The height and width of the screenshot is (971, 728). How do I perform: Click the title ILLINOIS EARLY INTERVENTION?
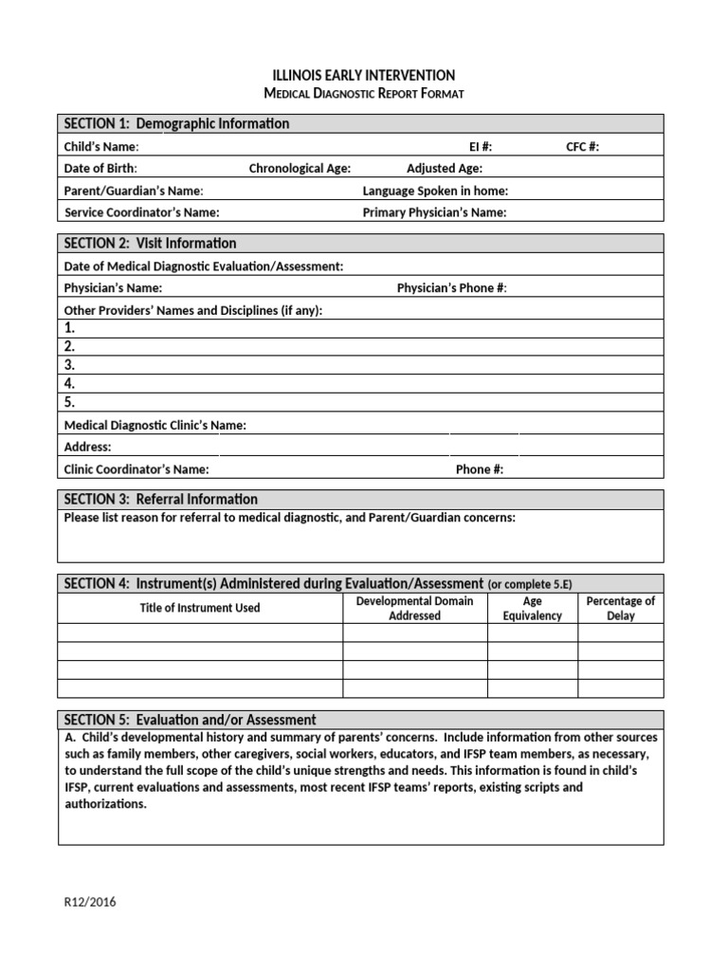point(364,75)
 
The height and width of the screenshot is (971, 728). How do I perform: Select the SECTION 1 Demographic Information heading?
point(176,124)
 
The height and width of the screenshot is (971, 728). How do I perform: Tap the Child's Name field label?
point(101,147)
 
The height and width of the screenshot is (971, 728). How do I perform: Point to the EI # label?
point(481,147)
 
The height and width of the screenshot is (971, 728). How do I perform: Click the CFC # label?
point(582,147)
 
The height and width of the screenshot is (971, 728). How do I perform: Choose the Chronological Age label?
point(300,169)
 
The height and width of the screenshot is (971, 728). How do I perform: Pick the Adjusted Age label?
point(445,169)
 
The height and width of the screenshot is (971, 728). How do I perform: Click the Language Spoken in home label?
point(435,191)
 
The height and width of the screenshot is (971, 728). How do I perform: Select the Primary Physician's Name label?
point(434,212)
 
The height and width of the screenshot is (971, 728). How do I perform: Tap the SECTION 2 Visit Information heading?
point(150,244)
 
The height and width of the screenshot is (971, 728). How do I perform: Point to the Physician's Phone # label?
point(452,288)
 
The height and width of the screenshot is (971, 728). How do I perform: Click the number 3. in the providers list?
point(69,365)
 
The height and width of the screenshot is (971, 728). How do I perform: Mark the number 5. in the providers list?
point(69,402)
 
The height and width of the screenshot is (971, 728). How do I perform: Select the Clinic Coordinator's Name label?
point(136,469)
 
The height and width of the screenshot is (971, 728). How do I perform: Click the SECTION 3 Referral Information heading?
point(160,500)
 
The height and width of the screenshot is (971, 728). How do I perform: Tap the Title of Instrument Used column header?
point(200,608)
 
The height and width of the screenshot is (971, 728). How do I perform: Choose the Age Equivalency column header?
point(533,609)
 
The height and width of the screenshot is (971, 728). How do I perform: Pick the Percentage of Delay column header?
point(621,609)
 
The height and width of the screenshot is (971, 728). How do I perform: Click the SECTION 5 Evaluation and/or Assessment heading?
point(190,721)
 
